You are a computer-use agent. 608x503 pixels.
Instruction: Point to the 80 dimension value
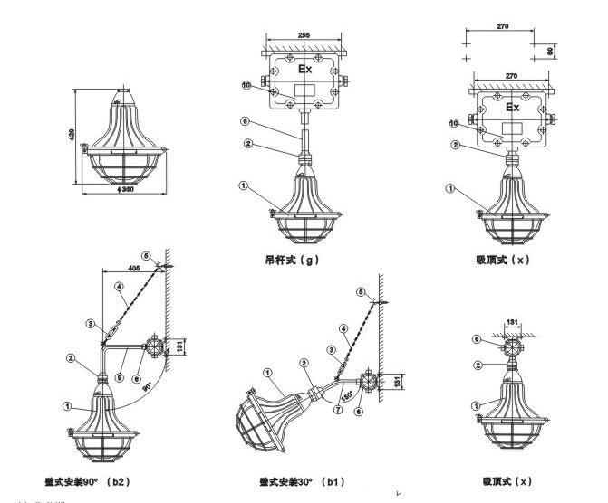point(551,51)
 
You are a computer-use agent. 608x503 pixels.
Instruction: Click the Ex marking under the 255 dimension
point(306,69)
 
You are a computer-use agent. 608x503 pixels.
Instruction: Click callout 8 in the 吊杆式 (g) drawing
point(245,120)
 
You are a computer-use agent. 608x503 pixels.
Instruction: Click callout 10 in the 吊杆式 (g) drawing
point(246,85)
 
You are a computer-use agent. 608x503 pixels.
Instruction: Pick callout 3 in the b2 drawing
point(90,322)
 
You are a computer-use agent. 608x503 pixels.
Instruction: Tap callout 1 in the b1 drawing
point(267,372)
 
